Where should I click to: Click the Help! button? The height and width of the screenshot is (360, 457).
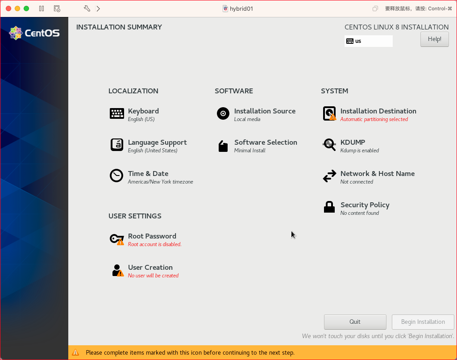coord(434,39)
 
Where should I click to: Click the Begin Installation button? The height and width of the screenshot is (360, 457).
coord(423,322)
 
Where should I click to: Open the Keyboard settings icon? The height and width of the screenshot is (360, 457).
coord(117,113)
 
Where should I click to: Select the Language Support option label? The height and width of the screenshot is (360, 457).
coord(157,142)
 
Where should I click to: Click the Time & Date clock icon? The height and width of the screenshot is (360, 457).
coord(116,176)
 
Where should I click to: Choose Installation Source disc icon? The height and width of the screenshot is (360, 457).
coord(223,113)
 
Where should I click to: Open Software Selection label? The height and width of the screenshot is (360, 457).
coord(266,142)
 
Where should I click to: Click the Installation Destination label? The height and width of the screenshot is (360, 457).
coord(378,111)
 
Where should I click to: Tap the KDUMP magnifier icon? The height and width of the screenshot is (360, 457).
coord(329,145)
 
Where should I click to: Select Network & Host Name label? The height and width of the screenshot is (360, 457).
coord(377,174)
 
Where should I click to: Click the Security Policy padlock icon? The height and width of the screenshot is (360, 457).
coord(329,207)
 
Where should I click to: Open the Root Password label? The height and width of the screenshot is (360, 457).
coord(152,236)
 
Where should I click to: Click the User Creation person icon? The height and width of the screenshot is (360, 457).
coord(117,270)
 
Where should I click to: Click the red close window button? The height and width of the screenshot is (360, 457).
coord(8,8)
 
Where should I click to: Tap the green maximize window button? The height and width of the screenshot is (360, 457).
coord(26,8)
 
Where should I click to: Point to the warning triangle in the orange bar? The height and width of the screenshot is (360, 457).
coord(75,352)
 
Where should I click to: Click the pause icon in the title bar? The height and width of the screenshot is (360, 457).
coord(42,8)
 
